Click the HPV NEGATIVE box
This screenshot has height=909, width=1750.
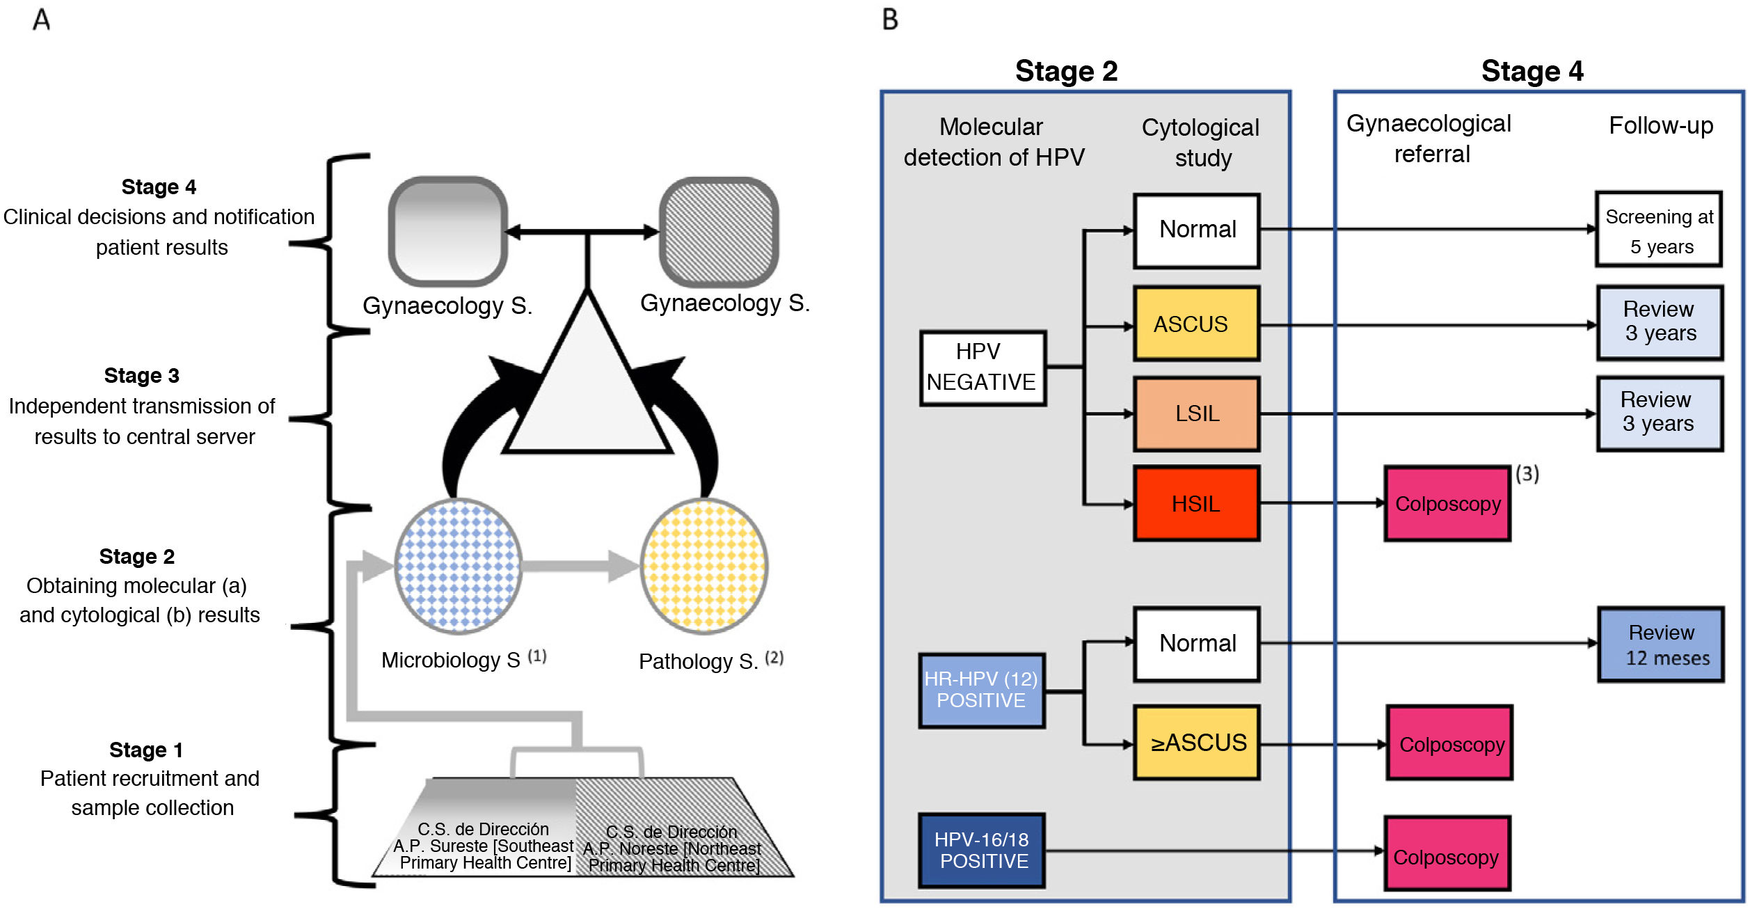pos(983,367)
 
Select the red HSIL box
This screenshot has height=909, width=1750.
pos(1196,503)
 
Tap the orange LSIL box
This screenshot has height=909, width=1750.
pos(1196,413)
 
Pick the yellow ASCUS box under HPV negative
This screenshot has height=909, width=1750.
pos(1196,324)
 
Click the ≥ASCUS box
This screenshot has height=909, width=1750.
pos(1196,743)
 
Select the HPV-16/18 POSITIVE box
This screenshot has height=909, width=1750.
pos(982,850)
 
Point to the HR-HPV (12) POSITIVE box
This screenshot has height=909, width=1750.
pos(981,690)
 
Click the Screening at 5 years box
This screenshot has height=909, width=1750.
pos(1659,230)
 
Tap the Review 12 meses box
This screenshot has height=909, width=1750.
pos(1660,645)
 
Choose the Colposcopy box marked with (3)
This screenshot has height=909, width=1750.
pos(1447,503)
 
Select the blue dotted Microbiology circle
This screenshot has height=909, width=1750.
pos(458,566)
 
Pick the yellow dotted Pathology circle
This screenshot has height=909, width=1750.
pos(703,566)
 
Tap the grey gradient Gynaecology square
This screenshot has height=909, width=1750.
pos(448,231)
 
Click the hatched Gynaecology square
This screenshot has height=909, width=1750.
pos(719,231)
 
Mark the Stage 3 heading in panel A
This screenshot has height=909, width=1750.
pos(141,376)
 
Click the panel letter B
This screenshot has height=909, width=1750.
pos(890,19)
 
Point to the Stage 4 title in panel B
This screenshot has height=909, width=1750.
pos(1532,71)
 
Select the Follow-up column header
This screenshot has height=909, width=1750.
pos(1661,126)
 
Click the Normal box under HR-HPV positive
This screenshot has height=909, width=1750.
pos(1196,644)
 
